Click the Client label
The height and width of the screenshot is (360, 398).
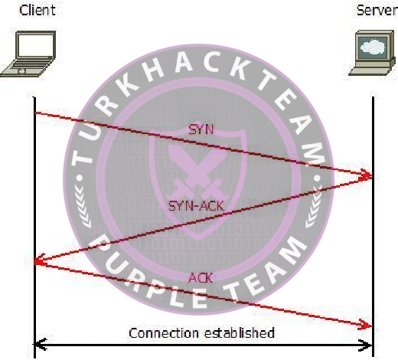[38, 10]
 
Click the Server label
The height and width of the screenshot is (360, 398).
[377, 10]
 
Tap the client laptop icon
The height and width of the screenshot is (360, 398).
[28, 54]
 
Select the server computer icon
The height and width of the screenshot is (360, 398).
[372, 53]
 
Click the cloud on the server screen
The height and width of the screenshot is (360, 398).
[374, 47]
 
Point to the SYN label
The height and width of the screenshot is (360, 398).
[201, 129]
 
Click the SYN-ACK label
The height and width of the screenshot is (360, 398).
[197, 206]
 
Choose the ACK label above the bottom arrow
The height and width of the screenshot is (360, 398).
[201, 278]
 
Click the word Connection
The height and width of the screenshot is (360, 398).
[164, 333]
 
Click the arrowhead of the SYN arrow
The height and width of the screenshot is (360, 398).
[366, 175]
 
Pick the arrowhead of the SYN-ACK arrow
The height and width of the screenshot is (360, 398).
[40, 260]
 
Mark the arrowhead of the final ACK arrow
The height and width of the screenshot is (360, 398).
[366, 324]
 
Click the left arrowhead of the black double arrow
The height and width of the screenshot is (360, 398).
[41, 345]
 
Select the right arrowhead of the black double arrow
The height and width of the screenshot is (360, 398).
[366, 345]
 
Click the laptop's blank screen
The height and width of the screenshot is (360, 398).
[36, 45]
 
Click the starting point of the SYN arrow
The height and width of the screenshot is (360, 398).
[35, 113]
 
